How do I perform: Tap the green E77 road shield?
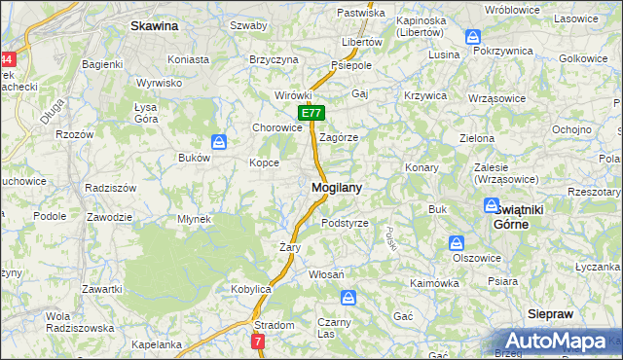coord(311,114)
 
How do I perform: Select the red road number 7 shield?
coord(257,342)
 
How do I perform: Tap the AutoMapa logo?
coord(556,342)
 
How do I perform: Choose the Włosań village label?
coord(326,275)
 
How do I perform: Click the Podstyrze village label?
coord(345,223)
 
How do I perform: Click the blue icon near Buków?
coord(220,142)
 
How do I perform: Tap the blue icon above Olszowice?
coord(456,243)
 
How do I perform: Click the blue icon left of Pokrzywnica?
coord(474,37)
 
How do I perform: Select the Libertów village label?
coord(362,44)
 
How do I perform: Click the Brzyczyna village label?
coord(274,59)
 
